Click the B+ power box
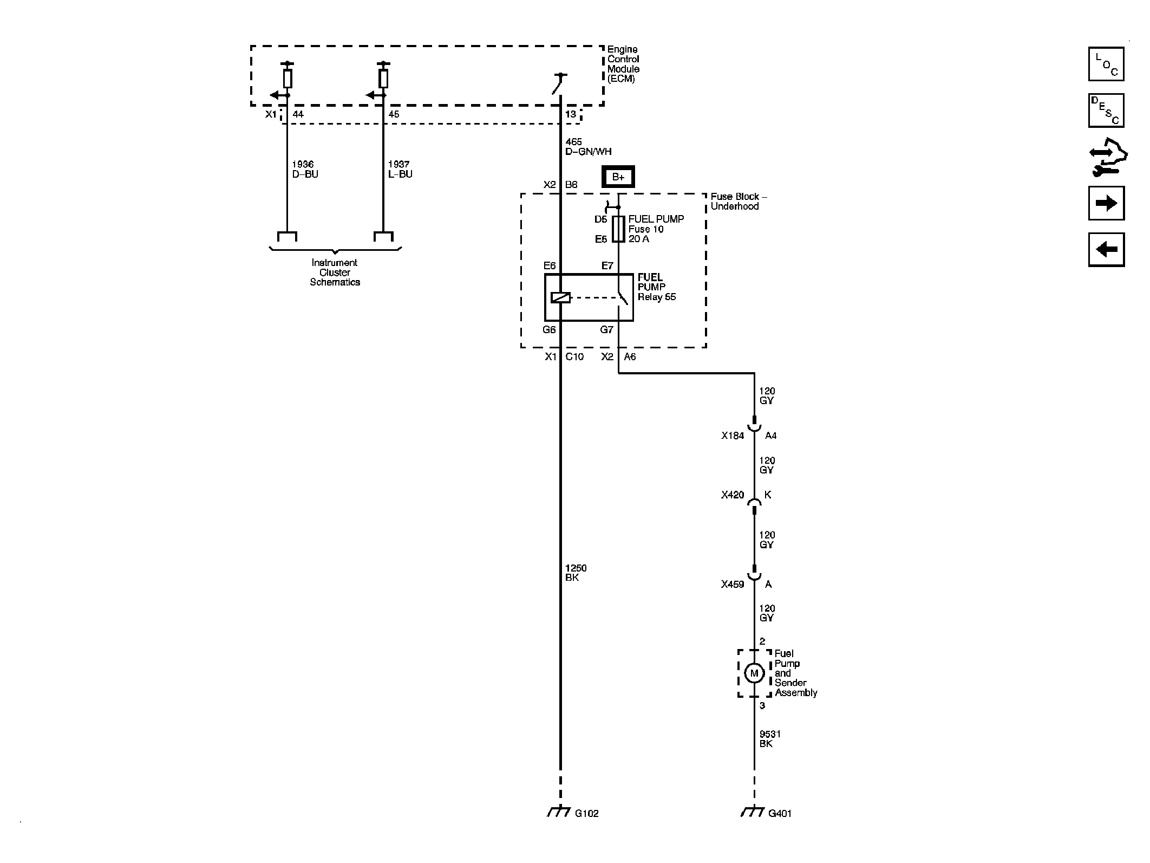[618, 177]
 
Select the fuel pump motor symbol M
[754, 673]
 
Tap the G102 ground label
[586, 828]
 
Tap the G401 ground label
[780, 828]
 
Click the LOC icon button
[1106, 64]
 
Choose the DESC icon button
[1106, 111]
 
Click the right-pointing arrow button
[1106, 203]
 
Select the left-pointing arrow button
[1106, 250]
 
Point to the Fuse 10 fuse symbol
[618, 229]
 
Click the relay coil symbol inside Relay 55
[560, 297]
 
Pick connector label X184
[733, 436]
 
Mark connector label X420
[733, 495]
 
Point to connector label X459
[733, 585]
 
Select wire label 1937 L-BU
[400, 169]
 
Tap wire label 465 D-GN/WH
[588, 147]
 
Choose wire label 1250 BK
[576, 573]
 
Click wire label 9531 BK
[770, 739]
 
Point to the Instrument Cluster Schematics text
[335, 272]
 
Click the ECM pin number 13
[571, 114]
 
